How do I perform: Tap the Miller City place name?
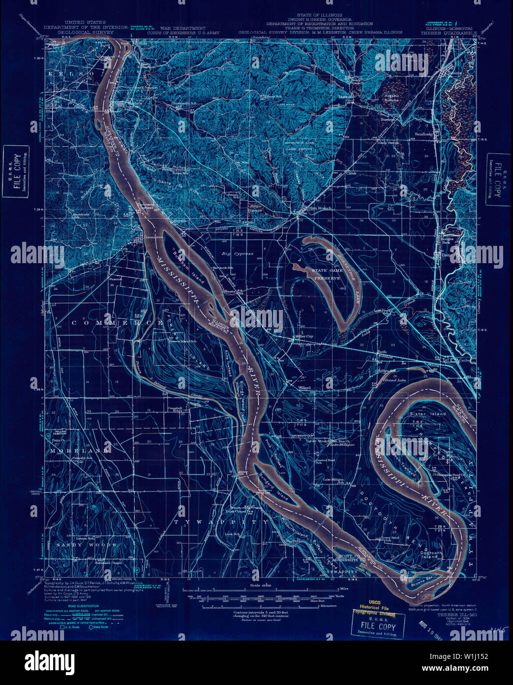pos(304,337)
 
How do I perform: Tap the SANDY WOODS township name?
pos(86,545)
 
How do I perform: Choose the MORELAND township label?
pos(78,451)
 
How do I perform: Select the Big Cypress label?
pos(237,254)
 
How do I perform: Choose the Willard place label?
pos(305,388)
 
